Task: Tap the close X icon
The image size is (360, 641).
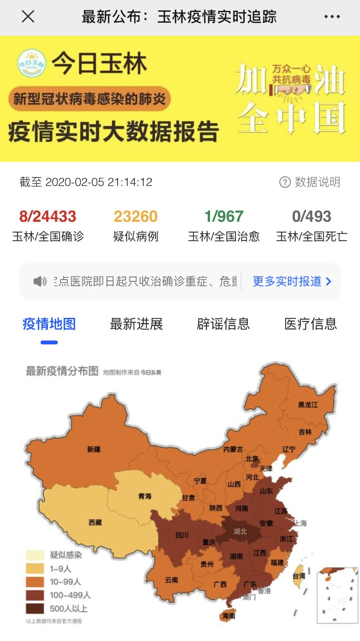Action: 28,17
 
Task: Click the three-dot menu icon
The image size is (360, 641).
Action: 332,17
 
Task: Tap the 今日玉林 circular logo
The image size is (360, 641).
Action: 31,63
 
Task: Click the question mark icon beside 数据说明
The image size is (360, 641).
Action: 285,182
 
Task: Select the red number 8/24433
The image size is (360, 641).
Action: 48,216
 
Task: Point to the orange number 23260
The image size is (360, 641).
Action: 136,216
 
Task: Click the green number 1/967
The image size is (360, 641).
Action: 224,216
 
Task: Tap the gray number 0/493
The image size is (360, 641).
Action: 312,216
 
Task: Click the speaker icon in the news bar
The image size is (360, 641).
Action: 40,281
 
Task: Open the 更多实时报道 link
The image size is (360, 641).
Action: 292,281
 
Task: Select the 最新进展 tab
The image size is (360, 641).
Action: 136,324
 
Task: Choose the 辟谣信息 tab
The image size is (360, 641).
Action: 223,324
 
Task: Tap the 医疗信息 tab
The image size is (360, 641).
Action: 310,324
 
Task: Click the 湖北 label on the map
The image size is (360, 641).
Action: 240,531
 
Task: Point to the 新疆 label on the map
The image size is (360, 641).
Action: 93,449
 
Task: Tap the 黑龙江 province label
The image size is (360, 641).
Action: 308,405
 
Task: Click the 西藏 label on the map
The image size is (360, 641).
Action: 95,522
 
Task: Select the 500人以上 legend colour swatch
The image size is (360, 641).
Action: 35,608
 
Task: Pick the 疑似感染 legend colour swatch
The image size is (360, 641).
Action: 35,555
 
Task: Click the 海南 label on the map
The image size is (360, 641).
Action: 229,616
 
